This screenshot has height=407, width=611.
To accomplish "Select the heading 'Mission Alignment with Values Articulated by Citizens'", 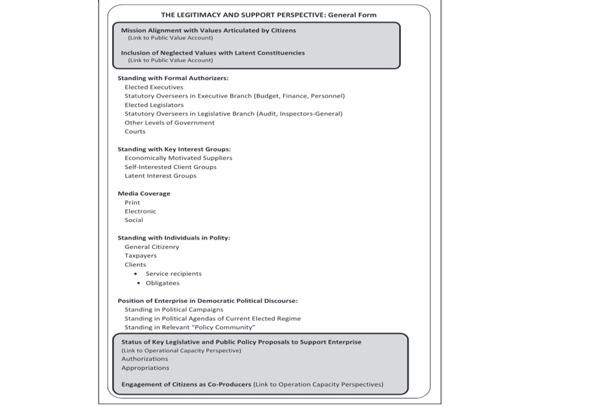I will [x=208, y=31].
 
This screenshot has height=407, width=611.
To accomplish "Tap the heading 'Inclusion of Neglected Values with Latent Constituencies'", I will [x=213, y=53].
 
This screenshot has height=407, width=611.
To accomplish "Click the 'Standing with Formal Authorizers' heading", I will [x=172, y=78].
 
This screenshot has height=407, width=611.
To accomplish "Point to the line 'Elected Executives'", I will [x=153, y=87].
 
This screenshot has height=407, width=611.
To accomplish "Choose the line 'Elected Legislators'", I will [x=154, y=105].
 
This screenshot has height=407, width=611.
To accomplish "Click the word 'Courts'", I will [x=135, y=132].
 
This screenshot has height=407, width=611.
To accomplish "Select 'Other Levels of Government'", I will [x=169, y=123].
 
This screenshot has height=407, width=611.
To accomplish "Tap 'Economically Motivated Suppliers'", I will [x=178, y=158].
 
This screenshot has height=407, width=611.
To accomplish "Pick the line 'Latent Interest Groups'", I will [x=160, y=176].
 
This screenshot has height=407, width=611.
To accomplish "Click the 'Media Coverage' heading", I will [x=144, y=193].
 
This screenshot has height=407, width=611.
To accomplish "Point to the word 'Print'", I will [x=132, y=202].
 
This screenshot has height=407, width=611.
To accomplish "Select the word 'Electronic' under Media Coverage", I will [x=140, y=211].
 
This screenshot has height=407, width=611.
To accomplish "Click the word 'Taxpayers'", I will [x=141, y=256].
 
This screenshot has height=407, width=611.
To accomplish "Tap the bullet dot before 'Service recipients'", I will [x=136, y=274].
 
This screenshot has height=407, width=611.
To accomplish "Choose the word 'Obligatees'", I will [x=162, y=283].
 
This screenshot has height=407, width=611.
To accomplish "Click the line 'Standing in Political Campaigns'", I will [x=174, y=310].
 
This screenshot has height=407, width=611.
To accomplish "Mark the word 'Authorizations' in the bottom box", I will [x=144, y=359].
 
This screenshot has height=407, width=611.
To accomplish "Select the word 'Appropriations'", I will [x=145, y=368].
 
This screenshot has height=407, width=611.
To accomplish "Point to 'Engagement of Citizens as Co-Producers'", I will [x=186, y=384].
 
